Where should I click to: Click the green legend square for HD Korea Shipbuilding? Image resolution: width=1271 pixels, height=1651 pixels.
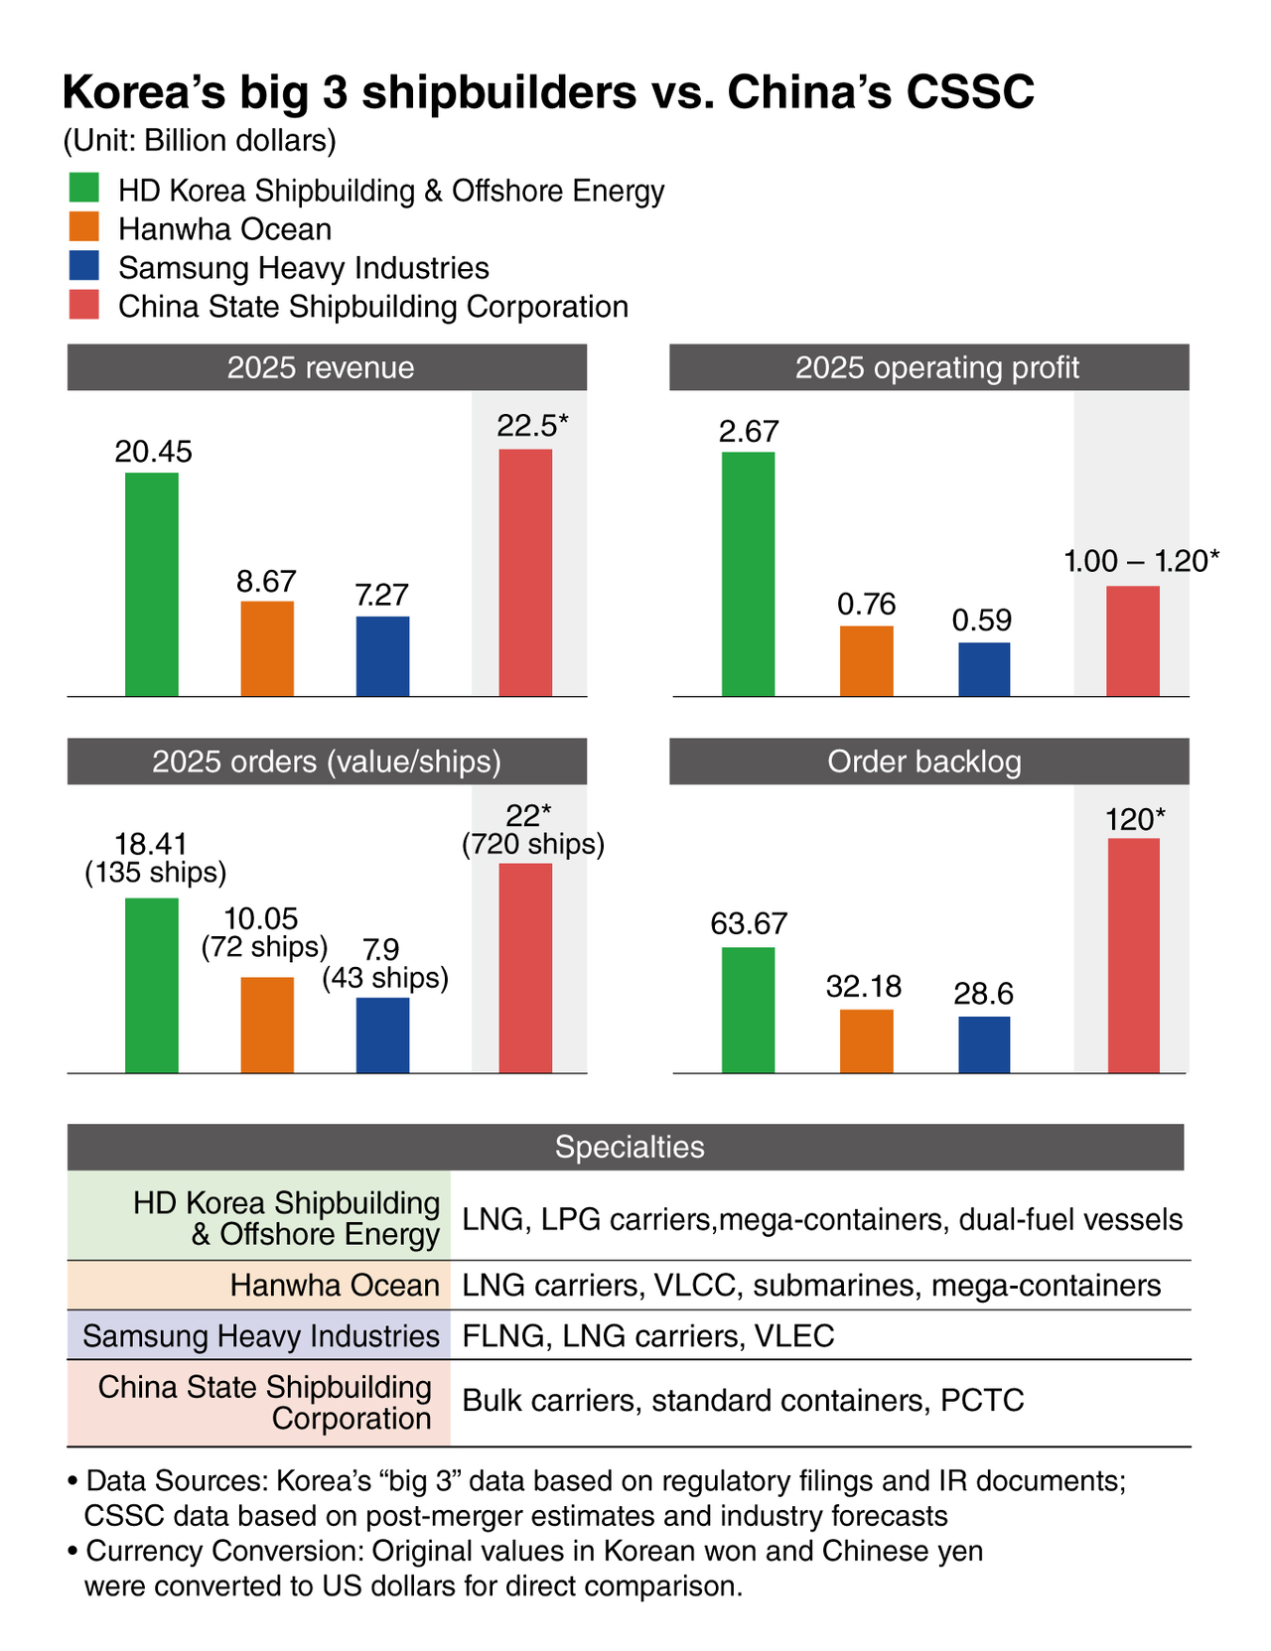[x=83, y=189]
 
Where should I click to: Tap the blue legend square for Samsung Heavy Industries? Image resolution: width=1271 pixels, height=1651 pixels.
[x=83, y=266]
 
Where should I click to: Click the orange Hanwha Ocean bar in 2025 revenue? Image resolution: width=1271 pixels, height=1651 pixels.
[x=267, y=648]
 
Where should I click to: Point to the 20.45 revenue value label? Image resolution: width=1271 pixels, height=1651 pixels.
[x=153, y=452]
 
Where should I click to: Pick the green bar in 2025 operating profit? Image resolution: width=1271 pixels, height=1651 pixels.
[x=748, y=574]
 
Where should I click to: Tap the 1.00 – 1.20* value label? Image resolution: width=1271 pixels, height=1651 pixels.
[x=1141, y=561]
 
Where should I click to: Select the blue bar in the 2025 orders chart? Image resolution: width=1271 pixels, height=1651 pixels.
[x=382, y=1034]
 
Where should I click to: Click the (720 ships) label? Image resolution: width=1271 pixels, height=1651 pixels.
[x=533, y=845]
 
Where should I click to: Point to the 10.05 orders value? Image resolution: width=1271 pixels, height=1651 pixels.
[x=261, y=918]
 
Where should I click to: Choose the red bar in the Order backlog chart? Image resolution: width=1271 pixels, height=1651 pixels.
[x=1133, y=955]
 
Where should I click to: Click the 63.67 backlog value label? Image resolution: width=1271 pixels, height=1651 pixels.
[x=749, y=924]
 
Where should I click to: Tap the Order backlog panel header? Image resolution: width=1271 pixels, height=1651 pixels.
[x=928, y=761]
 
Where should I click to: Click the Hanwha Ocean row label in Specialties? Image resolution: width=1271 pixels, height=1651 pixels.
[x=335, y=1286]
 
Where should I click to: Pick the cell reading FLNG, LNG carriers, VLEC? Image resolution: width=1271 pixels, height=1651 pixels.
[x=648, y=1335]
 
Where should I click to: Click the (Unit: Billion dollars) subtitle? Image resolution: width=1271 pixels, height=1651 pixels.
[x=200, y=141]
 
